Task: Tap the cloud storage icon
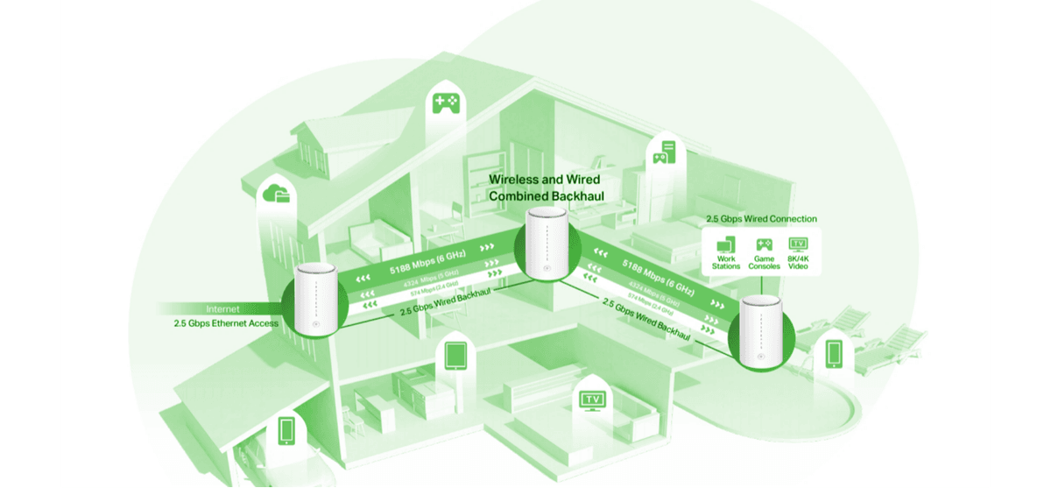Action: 274,194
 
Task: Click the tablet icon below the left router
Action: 455,355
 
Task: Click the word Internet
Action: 222,309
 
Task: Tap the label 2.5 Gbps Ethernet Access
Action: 226,323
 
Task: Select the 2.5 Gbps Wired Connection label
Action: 762,218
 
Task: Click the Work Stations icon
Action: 726,244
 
